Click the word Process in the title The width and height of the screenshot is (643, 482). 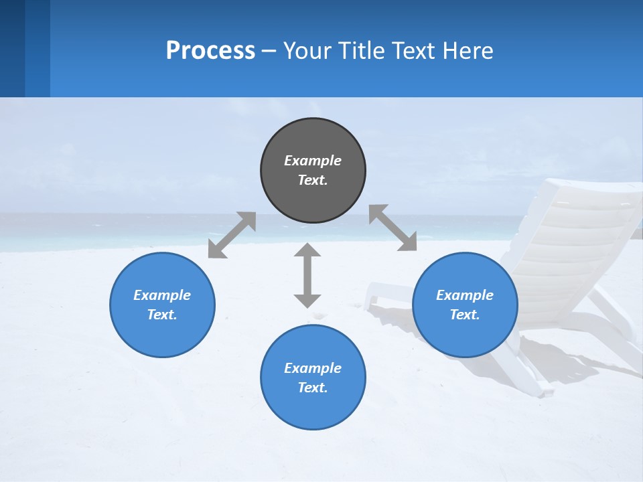click(x=210, y=51)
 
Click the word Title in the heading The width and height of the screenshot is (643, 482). click(x=362, y=51)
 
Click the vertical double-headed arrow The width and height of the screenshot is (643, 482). click(x=307, y=275)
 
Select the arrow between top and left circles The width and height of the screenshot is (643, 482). click(x=232, y=235)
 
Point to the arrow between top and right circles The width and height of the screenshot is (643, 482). click(x=392, y=228)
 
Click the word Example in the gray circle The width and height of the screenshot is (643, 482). click(x=313, y=161)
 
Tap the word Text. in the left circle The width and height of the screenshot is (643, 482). click(x=162, y=315)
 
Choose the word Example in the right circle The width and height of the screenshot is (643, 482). click(x=465, y=295)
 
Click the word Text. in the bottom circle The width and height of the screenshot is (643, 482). click(x=313, y=388)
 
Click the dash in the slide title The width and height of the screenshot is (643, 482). click(x=269, y=51)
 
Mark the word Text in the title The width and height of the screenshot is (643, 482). click(x=415, y=51)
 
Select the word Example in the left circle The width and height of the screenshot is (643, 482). click(x=162, y=295)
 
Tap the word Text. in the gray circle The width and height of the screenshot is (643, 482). click(x=313, y=180)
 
